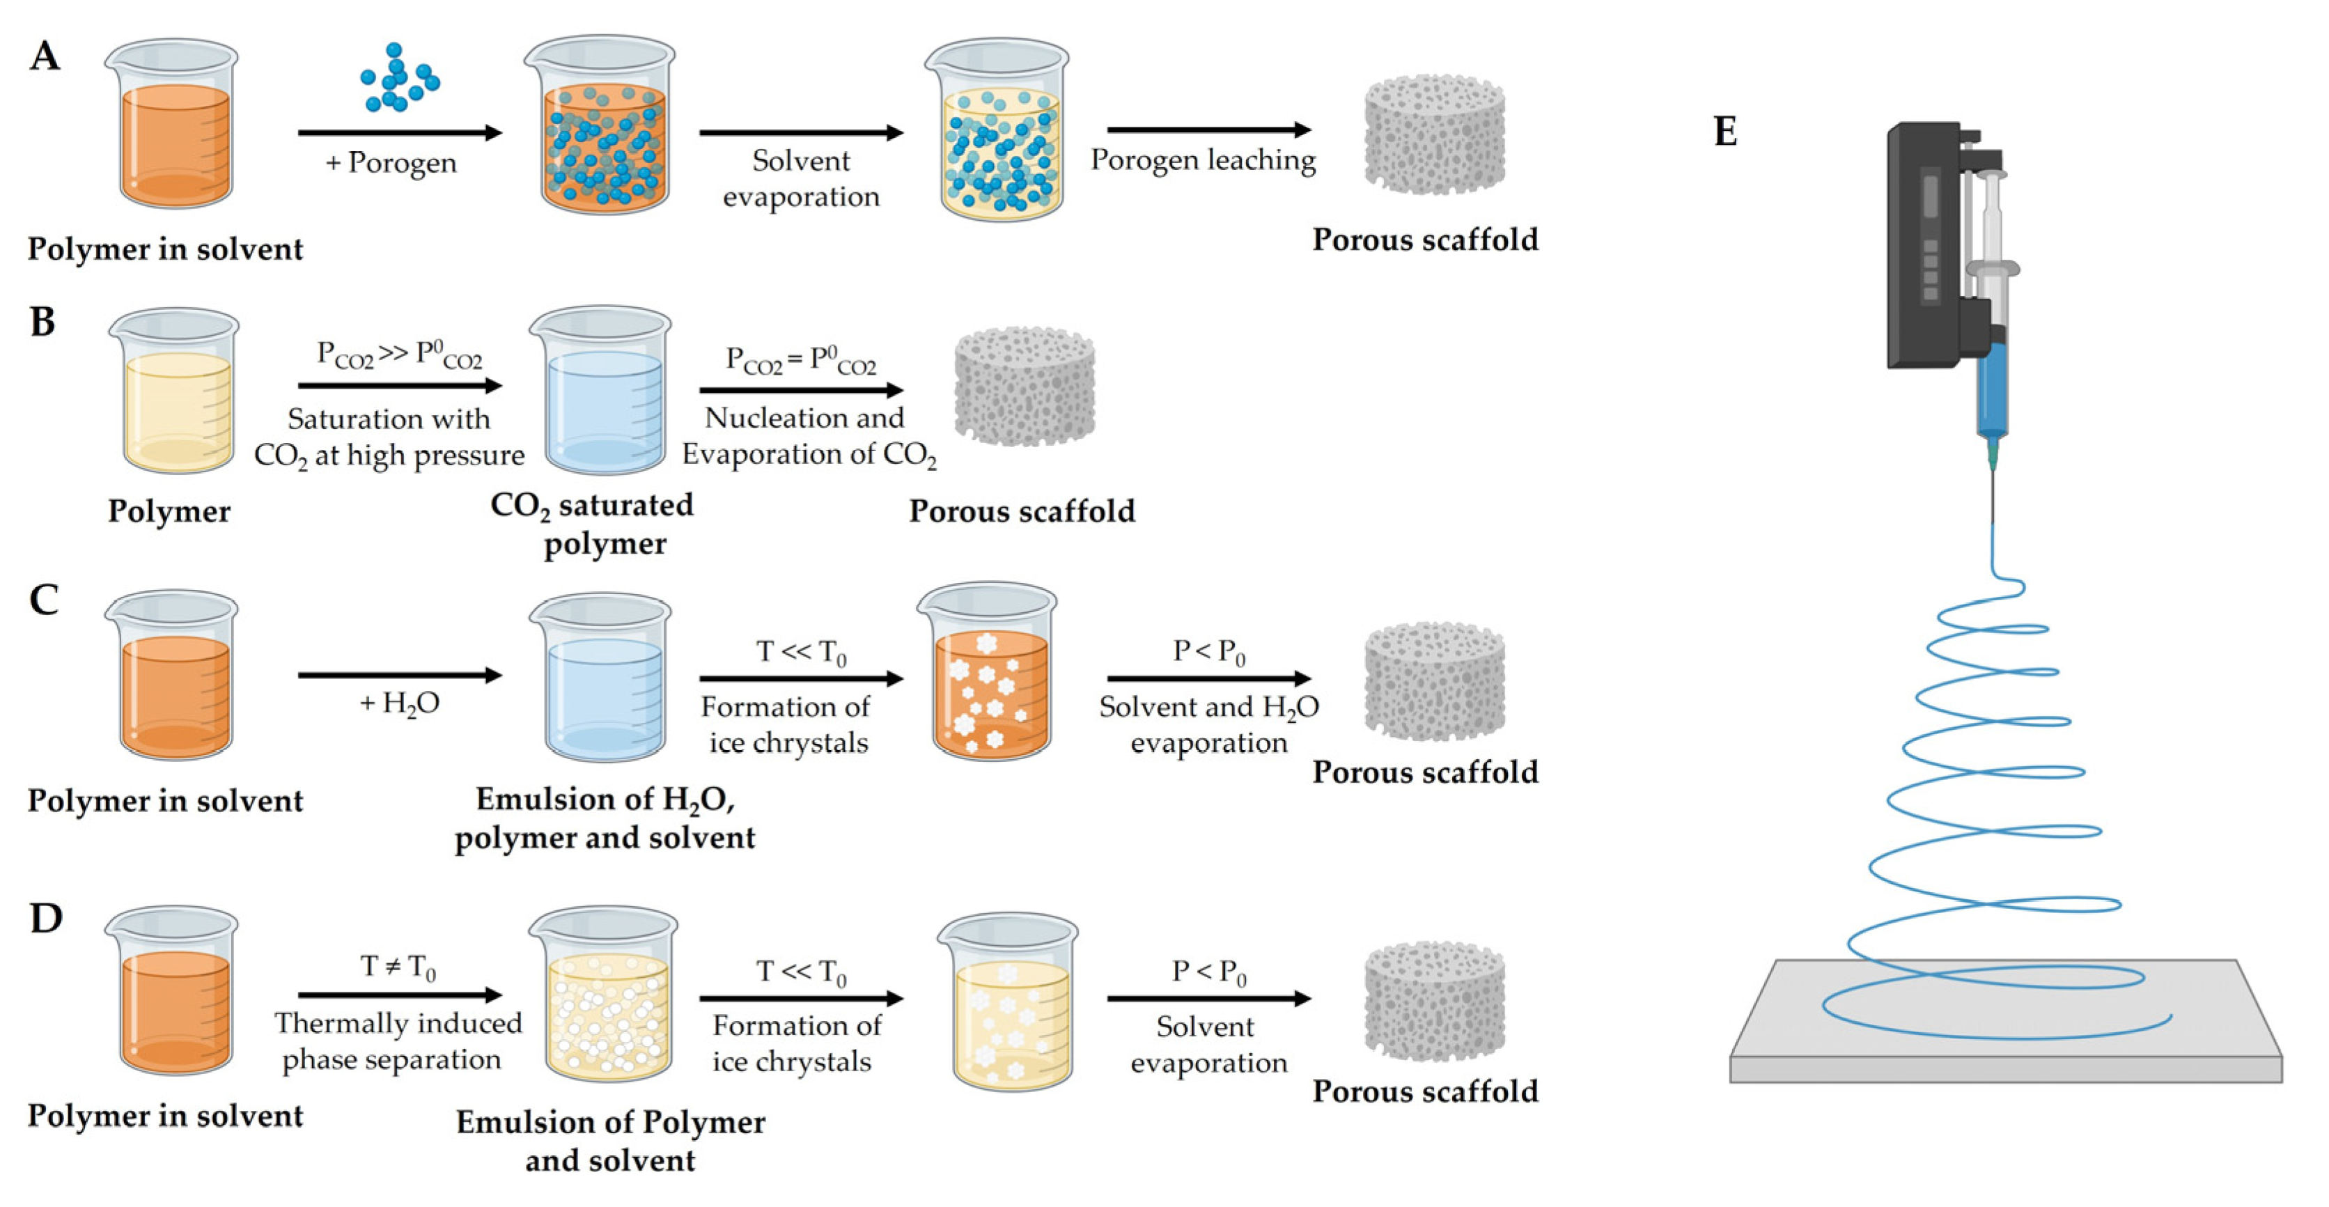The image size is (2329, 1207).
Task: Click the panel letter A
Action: pyautogui.click(x=45, y=56)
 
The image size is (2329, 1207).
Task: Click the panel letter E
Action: pyautogui.click(x=1724, y=132)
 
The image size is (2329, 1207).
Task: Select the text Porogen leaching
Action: pyautogui.click(x=1203, y=160)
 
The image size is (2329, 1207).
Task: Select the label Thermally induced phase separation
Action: pyautogui.click(x=398, y=1041)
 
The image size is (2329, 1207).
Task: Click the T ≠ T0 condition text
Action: pyautogui.click(x=398, y=967)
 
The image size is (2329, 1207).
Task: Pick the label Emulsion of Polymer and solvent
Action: pyautogui.click(x=610, y=1141)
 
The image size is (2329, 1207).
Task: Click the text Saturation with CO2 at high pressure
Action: pyautogui.click(x=389, y=437)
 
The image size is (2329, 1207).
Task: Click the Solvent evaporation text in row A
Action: pyautogui.click(x=800, y=179)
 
